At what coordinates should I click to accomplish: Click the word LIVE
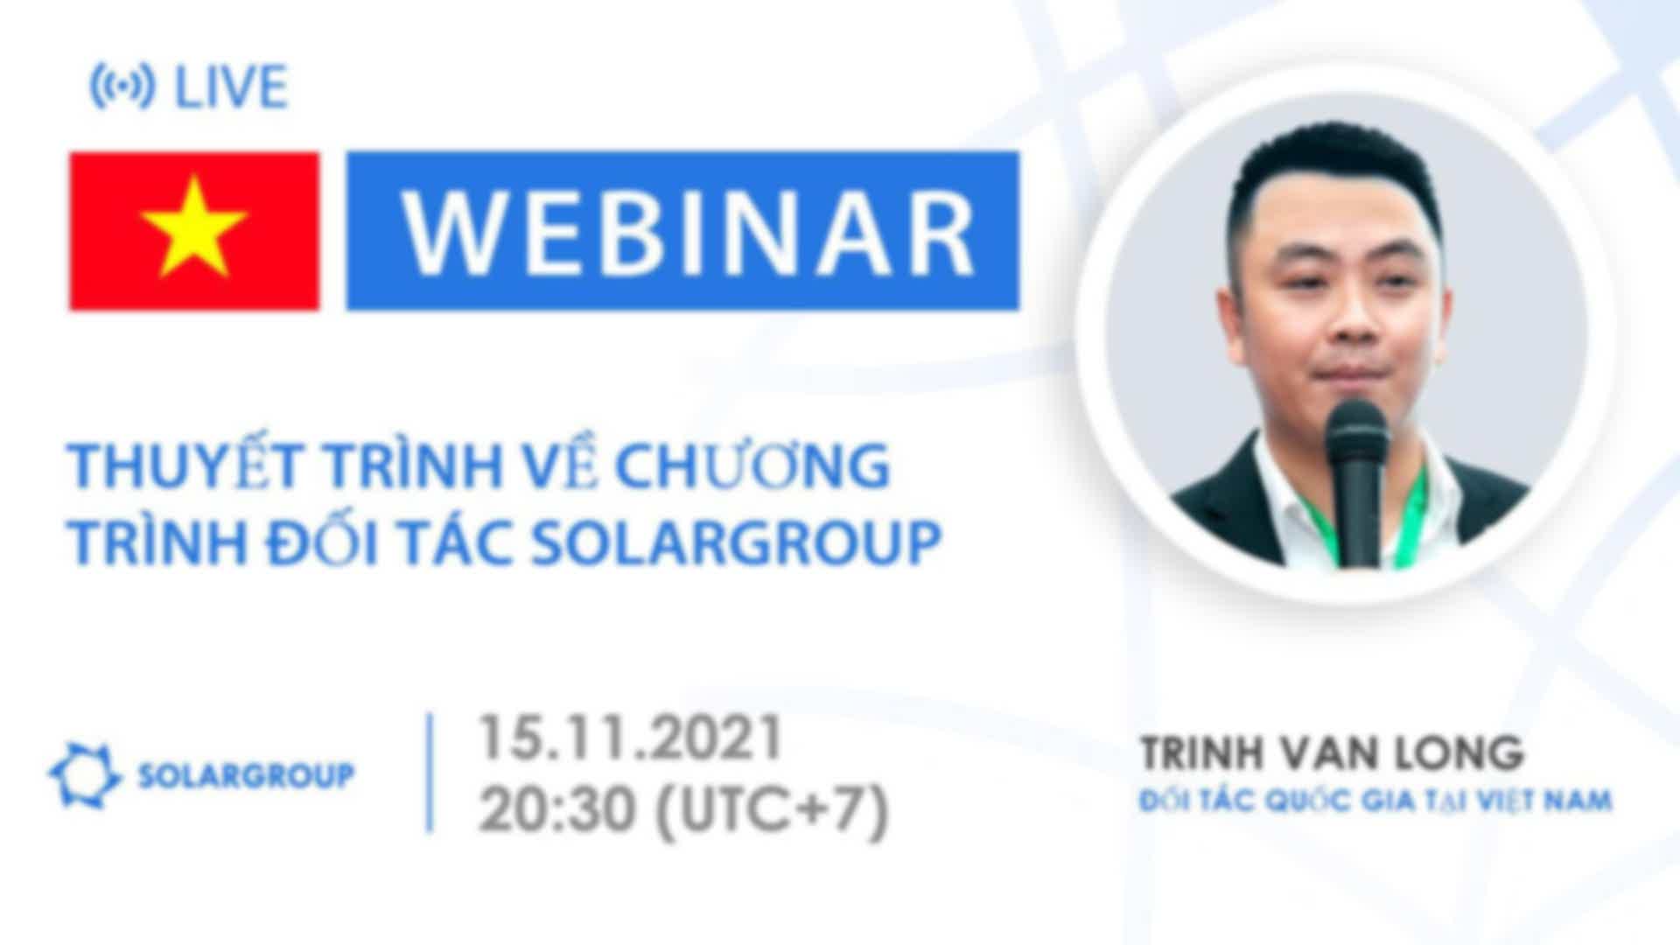coord(231,87)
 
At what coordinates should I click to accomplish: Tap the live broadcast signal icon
coord(122,87)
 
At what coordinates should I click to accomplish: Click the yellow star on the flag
coord(194,227)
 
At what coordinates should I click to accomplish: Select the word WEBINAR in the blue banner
coord(688,232)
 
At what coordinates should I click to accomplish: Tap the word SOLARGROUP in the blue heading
coord(736,543)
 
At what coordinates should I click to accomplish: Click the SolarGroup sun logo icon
coord(85,775)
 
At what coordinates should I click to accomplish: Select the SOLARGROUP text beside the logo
coord(247,775)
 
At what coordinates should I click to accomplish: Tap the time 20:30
coord(556,809)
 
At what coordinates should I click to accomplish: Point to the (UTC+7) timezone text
coord(773,811)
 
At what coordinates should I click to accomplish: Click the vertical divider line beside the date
coord(430,773)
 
